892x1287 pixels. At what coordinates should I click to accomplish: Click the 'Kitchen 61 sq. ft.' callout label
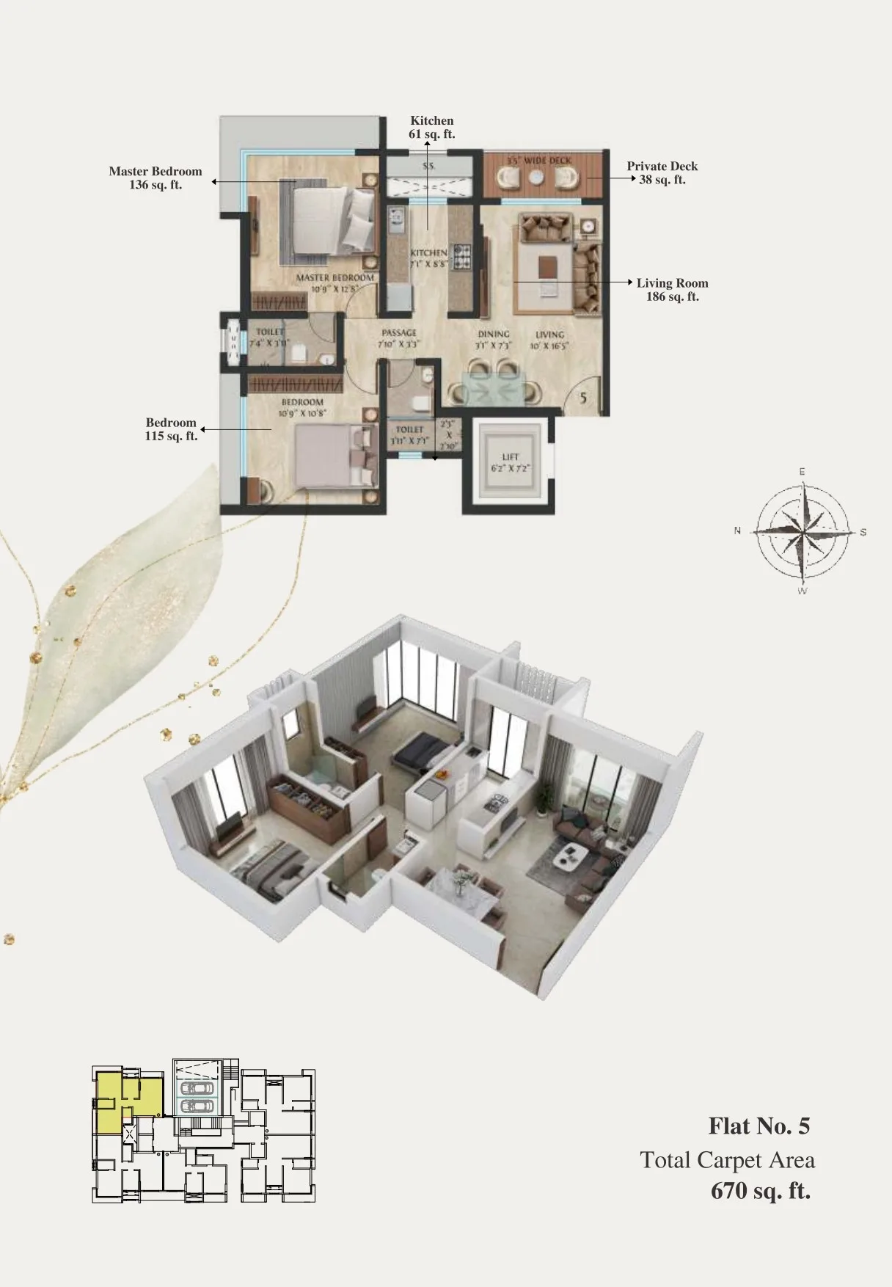point(431,127)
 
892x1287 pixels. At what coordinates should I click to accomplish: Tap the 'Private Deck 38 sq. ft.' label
point(662,172)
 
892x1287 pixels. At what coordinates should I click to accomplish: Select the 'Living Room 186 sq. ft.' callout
point(672,289)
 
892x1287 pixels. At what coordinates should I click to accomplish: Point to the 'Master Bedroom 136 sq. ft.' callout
point(155,178)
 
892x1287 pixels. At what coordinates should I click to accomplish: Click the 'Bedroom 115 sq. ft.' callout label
point(171,429)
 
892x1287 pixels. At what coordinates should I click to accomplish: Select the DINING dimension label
point(493,339)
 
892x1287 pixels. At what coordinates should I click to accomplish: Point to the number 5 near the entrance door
point(583,398)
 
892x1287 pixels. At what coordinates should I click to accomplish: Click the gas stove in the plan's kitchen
point(462,255)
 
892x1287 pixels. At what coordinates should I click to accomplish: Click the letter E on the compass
point(802,472)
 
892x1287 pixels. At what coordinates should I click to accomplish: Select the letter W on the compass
point(802,591)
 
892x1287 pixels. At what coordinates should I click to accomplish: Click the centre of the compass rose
point(802,531)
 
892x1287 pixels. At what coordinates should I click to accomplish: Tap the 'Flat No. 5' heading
point(758,1126)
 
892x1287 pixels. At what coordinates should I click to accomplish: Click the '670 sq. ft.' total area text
point(760,1190)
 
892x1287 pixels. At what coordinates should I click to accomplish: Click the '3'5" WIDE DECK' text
point(539,160)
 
